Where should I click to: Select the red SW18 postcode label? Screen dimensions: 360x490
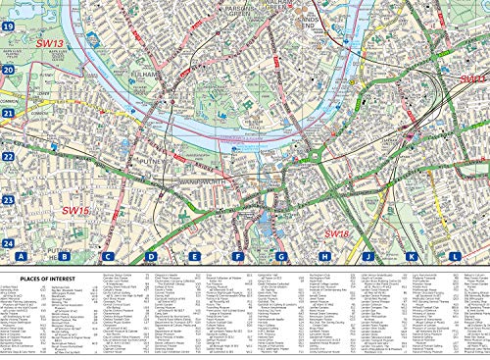(x=336, y=234)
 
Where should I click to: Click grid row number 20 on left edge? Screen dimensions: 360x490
(x=7, y=71)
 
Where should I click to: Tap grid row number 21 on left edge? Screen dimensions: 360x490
(x=7, y=114)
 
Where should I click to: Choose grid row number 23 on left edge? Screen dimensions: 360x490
(x=7, y=200)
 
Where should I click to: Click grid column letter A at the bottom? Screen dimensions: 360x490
(x=21, y=257)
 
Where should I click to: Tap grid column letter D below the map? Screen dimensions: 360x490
(x=151, y=257)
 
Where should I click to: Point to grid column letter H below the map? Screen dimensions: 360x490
(x=323, y=257)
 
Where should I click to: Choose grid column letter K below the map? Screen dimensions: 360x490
(x=411, y=257)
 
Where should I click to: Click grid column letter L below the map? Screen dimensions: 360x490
(x=454, y=257)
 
